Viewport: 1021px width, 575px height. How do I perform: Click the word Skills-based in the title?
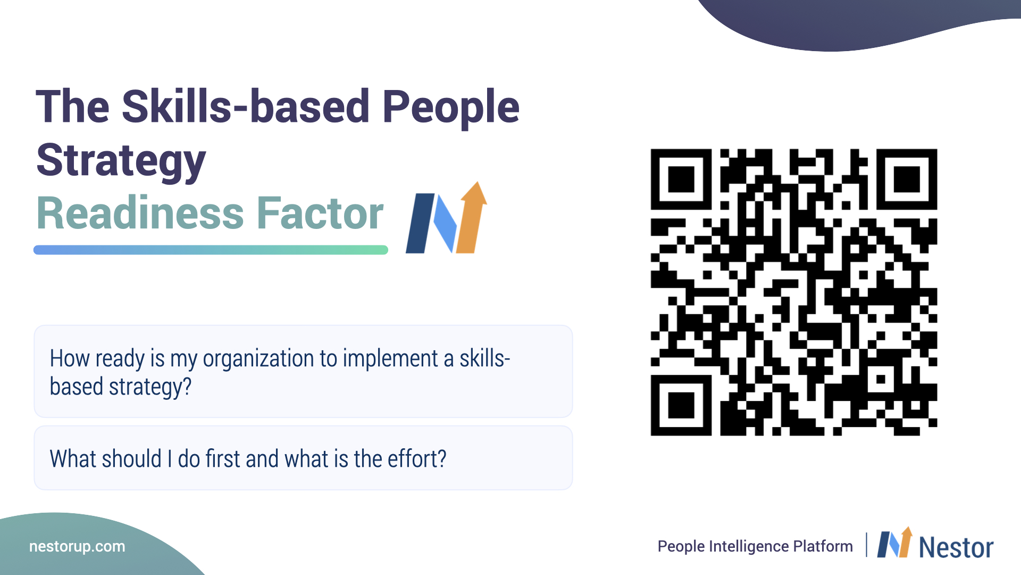246,106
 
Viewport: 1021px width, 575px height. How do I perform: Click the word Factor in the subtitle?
320,213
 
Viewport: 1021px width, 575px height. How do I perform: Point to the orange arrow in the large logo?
472,218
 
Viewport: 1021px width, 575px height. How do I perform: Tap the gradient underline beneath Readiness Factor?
211,250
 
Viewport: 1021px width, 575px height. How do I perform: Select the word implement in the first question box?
390,358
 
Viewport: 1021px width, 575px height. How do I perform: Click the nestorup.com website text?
77,547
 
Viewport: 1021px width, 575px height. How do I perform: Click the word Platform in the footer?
823,546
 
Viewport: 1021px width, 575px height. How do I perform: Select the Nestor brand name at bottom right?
956,547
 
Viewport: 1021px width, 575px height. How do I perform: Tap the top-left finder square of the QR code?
681,179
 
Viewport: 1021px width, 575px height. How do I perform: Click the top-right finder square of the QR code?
907,179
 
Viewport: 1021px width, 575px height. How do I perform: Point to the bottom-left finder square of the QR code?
681,405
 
